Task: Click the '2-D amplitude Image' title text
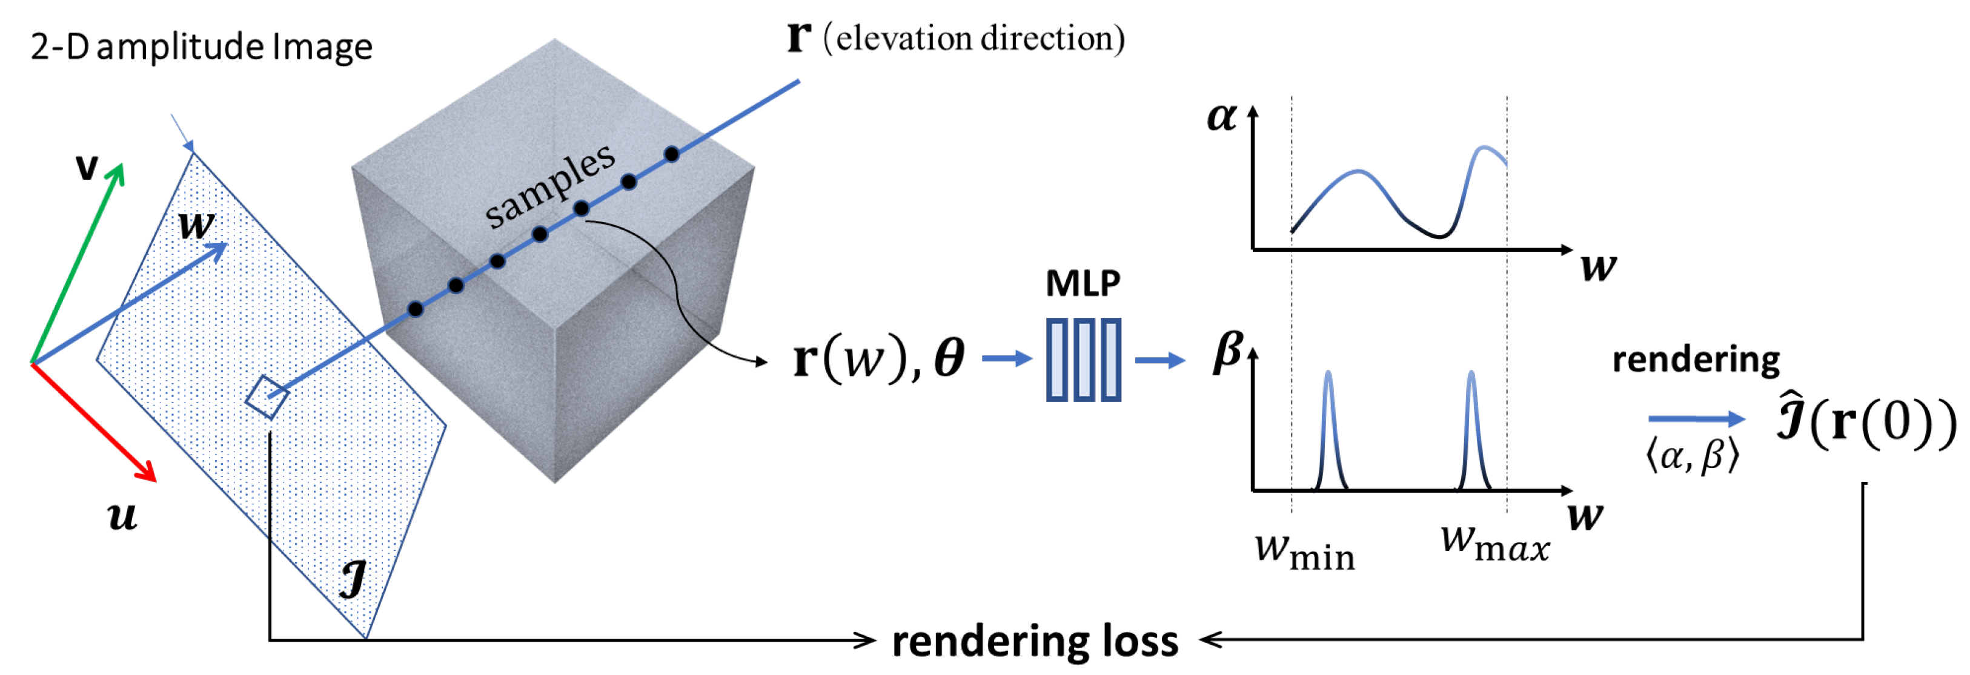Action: point(201,47)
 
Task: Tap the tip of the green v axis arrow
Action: point(120,166)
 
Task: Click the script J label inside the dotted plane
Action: point(353,579)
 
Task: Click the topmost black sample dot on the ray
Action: point(671,154)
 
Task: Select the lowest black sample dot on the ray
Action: point(415,309)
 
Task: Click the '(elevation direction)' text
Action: point(973,38)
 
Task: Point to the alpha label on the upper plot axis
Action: point(1221,117)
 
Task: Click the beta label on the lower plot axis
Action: point(1227,352)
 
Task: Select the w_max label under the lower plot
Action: point(1494,544)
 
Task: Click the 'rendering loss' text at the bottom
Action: point(1035,640)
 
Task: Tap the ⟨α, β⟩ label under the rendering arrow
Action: point(1693,456)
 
